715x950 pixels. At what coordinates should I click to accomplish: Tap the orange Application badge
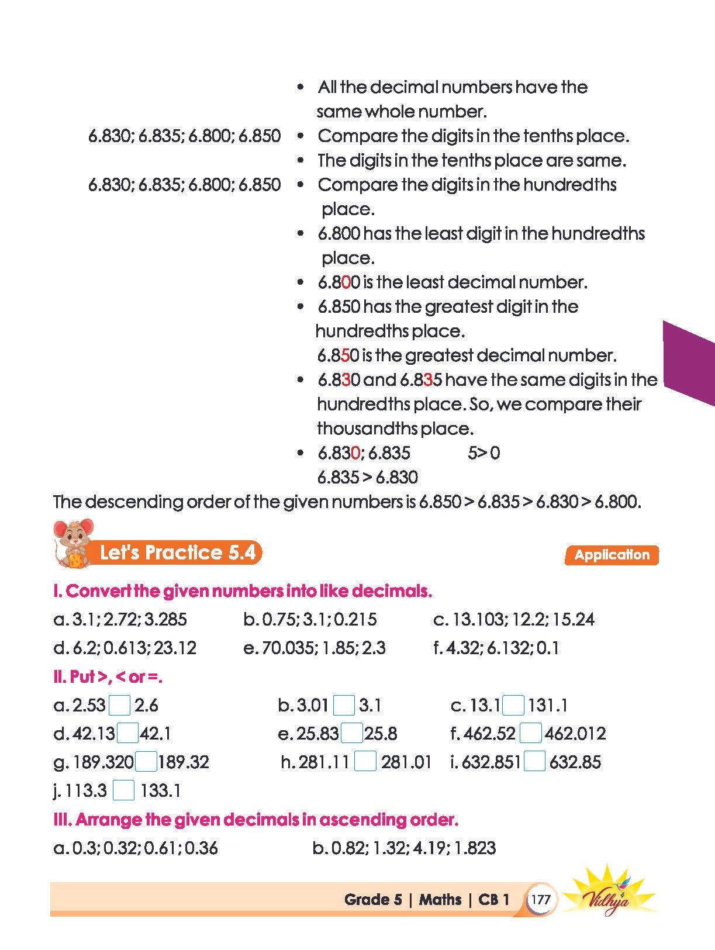point(612,555)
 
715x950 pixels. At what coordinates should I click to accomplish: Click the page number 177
point(541,899)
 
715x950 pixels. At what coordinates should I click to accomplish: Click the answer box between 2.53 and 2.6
point(120,705)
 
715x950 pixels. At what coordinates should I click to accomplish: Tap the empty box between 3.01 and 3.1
point(344,705)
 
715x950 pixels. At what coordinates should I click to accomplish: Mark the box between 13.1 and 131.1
point(513,705)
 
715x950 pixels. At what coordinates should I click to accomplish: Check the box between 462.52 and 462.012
point(530,733)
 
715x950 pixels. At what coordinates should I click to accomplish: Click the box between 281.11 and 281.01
point(365,762)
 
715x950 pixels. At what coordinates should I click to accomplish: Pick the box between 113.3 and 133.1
point(123,790)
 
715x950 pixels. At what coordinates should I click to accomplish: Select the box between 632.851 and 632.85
point(534,762)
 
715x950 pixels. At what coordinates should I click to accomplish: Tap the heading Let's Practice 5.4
point(178,552)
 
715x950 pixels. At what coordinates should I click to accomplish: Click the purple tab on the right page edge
point(690,362)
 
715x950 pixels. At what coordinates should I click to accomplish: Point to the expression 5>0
point(483,453)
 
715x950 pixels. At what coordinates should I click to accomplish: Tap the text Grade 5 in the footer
point(373,899)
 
